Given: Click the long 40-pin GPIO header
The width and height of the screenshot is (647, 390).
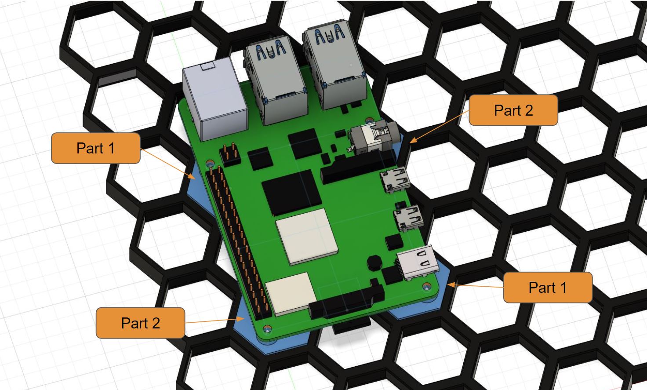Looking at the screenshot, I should (240, 240).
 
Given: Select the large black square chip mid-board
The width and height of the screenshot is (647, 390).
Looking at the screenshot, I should (291, 193).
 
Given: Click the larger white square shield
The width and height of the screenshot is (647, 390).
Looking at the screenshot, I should (307, 237).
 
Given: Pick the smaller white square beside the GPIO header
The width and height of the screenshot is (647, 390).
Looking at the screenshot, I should (291, 293).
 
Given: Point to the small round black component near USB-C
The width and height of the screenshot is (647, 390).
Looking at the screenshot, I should (374, 262).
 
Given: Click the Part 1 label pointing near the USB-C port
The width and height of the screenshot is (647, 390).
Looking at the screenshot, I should (547, 288).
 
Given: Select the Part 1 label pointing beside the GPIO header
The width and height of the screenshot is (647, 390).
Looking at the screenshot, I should (95, 148).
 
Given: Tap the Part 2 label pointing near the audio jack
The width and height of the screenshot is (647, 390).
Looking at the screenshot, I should (513, 110).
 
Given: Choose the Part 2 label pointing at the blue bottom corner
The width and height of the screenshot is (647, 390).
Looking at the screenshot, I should (140, 323).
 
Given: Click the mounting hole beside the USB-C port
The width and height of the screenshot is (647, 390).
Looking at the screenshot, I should (426, 287).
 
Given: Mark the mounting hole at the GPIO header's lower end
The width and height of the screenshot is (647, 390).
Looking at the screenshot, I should (267, 328).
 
